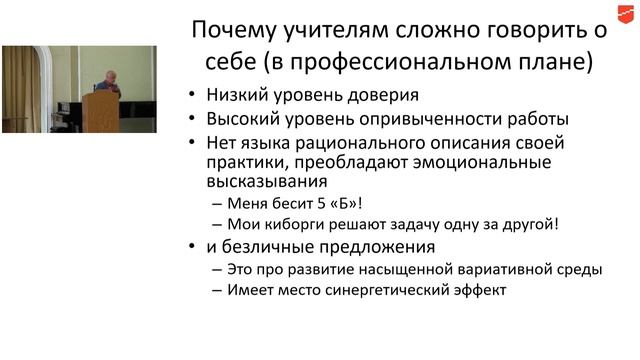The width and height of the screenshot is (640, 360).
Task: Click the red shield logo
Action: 625,13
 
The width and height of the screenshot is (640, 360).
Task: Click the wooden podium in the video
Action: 100,109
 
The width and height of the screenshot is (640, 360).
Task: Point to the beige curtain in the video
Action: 22,85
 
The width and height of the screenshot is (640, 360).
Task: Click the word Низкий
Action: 237,97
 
